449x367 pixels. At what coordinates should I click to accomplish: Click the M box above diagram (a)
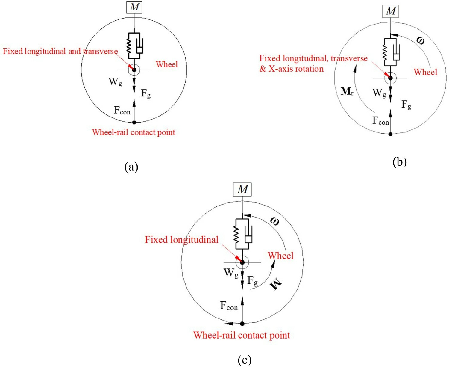point(134,7)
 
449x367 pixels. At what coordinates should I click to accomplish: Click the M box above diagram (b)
point(391,11)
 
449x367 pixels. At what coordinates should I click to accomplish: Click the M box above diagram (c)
point(242,189)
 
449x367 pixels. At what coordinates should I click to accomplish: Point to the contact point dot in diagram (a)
point(134,122)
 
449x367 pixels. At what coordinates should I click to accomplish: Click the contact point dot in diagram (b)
point(390,134)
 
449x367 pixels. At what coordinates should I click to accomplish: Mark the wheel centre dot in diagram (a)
point(134,70)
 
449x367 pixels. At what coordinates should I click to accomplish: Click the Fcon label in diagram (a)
point(122,111)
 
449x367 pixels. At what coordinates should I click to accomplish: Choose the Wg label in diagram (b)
point(379,93)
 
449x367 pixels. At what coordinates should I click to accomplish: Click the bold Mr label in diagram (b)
point(347,91)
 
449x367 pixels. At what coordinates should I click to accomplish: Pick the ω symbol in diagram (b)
point(420,40)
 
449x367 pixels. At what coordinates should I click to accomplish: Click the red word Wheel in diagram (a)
point(167,64)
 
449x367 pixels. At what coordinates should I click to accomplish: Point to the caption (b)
point(399,162)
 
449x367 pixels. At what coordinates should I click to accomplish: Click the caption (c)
point(244,360)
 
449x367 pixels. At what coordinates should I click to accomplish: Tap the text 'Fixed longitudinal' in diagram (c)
point(182,240)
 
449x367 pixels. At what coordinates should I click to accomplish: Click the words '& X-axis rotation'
point(291,69)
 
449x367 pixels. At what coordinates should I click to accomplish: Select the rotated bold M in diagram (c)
point(275,283)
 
